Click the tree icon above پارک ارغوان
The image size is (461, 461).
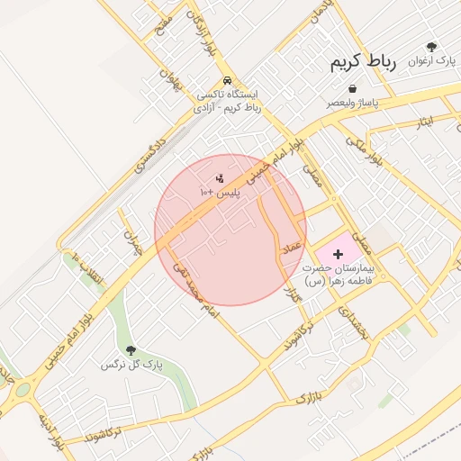tap(432, 47)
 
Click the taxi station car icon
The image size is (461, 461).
tap(228, 79)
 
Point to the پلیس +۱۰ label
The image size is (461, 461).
tap(220, 193)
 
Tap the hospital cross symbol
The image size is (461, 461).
tap(338, 255)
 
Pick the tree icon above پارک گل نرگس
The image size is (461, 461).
tap(131, 349)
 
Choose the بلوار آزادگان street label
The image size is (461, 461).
tap(201, 32)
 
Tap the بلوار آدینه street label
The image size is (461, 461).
tap(50, 432)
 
